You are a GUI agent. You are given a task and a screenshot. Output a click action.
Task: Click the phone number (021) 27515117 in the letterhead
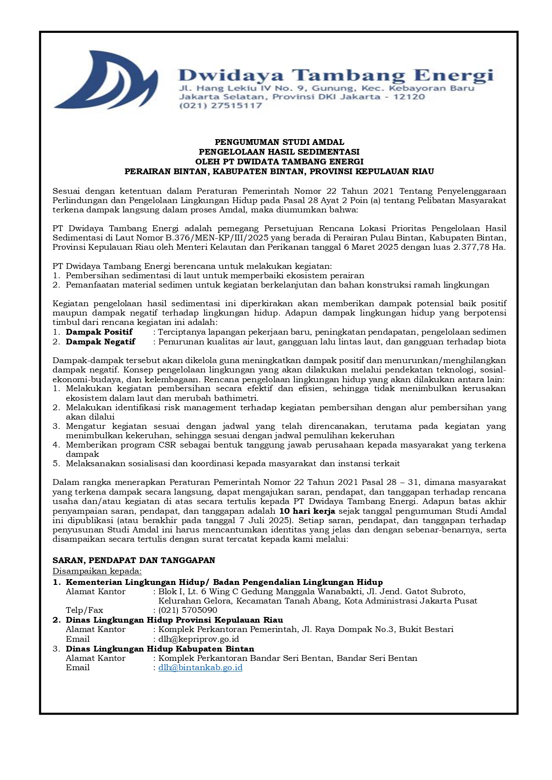220,106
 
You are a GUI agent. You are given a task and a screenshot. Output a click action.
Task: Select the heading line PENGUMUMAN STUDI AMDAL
279,142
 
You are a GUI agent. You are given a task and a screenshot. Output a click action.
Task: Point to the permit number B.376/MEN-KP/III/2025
221,238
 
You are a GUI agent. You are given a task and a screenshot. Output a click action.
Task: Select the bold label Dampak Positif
99,332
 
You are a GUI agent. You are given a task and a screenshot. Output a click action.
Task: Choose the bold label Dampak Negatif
101,342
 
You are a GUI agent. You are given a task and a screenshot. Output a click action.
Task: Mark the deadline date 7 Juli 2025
262,520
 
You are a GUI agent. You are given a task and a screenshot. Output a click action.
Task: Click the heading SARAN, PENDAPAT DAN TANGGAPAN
134,560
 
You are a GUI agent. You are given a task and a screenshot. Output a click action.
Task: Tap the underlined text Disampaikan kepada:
97,571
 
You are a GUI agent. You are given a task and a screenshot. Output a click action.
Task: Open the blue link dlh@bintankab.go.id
200,668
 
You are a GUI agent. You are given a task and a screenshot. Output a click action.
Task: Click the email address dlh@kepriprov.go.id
198,639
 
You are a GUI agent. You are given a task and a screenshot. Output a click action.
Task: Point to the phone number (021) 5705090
188,610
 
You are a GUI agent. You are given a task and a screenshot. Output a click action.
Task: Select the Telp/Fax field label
85,610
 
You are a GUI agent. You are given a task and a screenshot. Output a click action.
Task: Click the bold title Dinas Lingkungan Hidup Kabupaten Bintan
160,649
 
